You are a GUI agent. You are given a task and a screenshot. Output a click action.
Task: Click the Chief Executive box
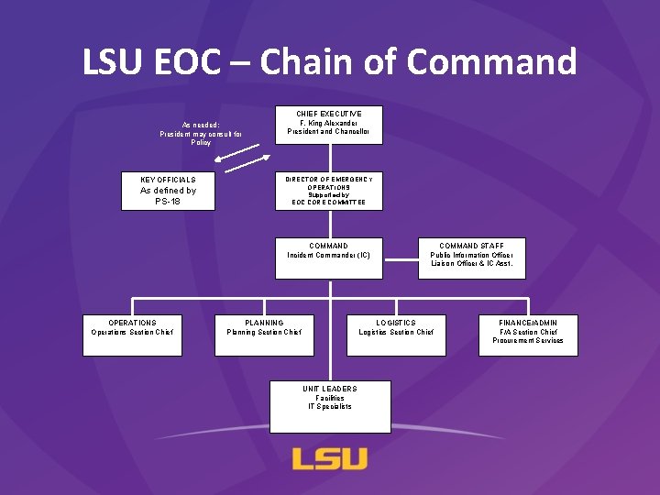pos(328,125)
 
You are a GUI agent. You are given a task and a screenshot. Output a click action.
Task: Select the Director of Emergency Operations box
pos(328,191)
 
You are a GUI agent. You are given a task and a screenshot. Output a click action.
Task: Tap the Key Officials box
pos(168,191)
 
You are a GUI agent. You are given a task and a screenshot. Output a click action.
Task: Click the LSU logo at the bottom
pos(330,458)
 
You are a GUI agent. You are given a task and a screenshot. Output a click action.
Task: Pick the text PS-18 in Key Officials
pos(168,201)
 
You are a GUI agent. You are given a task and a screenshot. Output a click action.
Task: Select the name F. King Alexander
pos(328,122)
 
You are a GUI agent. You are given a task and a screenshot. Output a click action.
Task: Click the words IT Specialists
pos(330,406)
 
